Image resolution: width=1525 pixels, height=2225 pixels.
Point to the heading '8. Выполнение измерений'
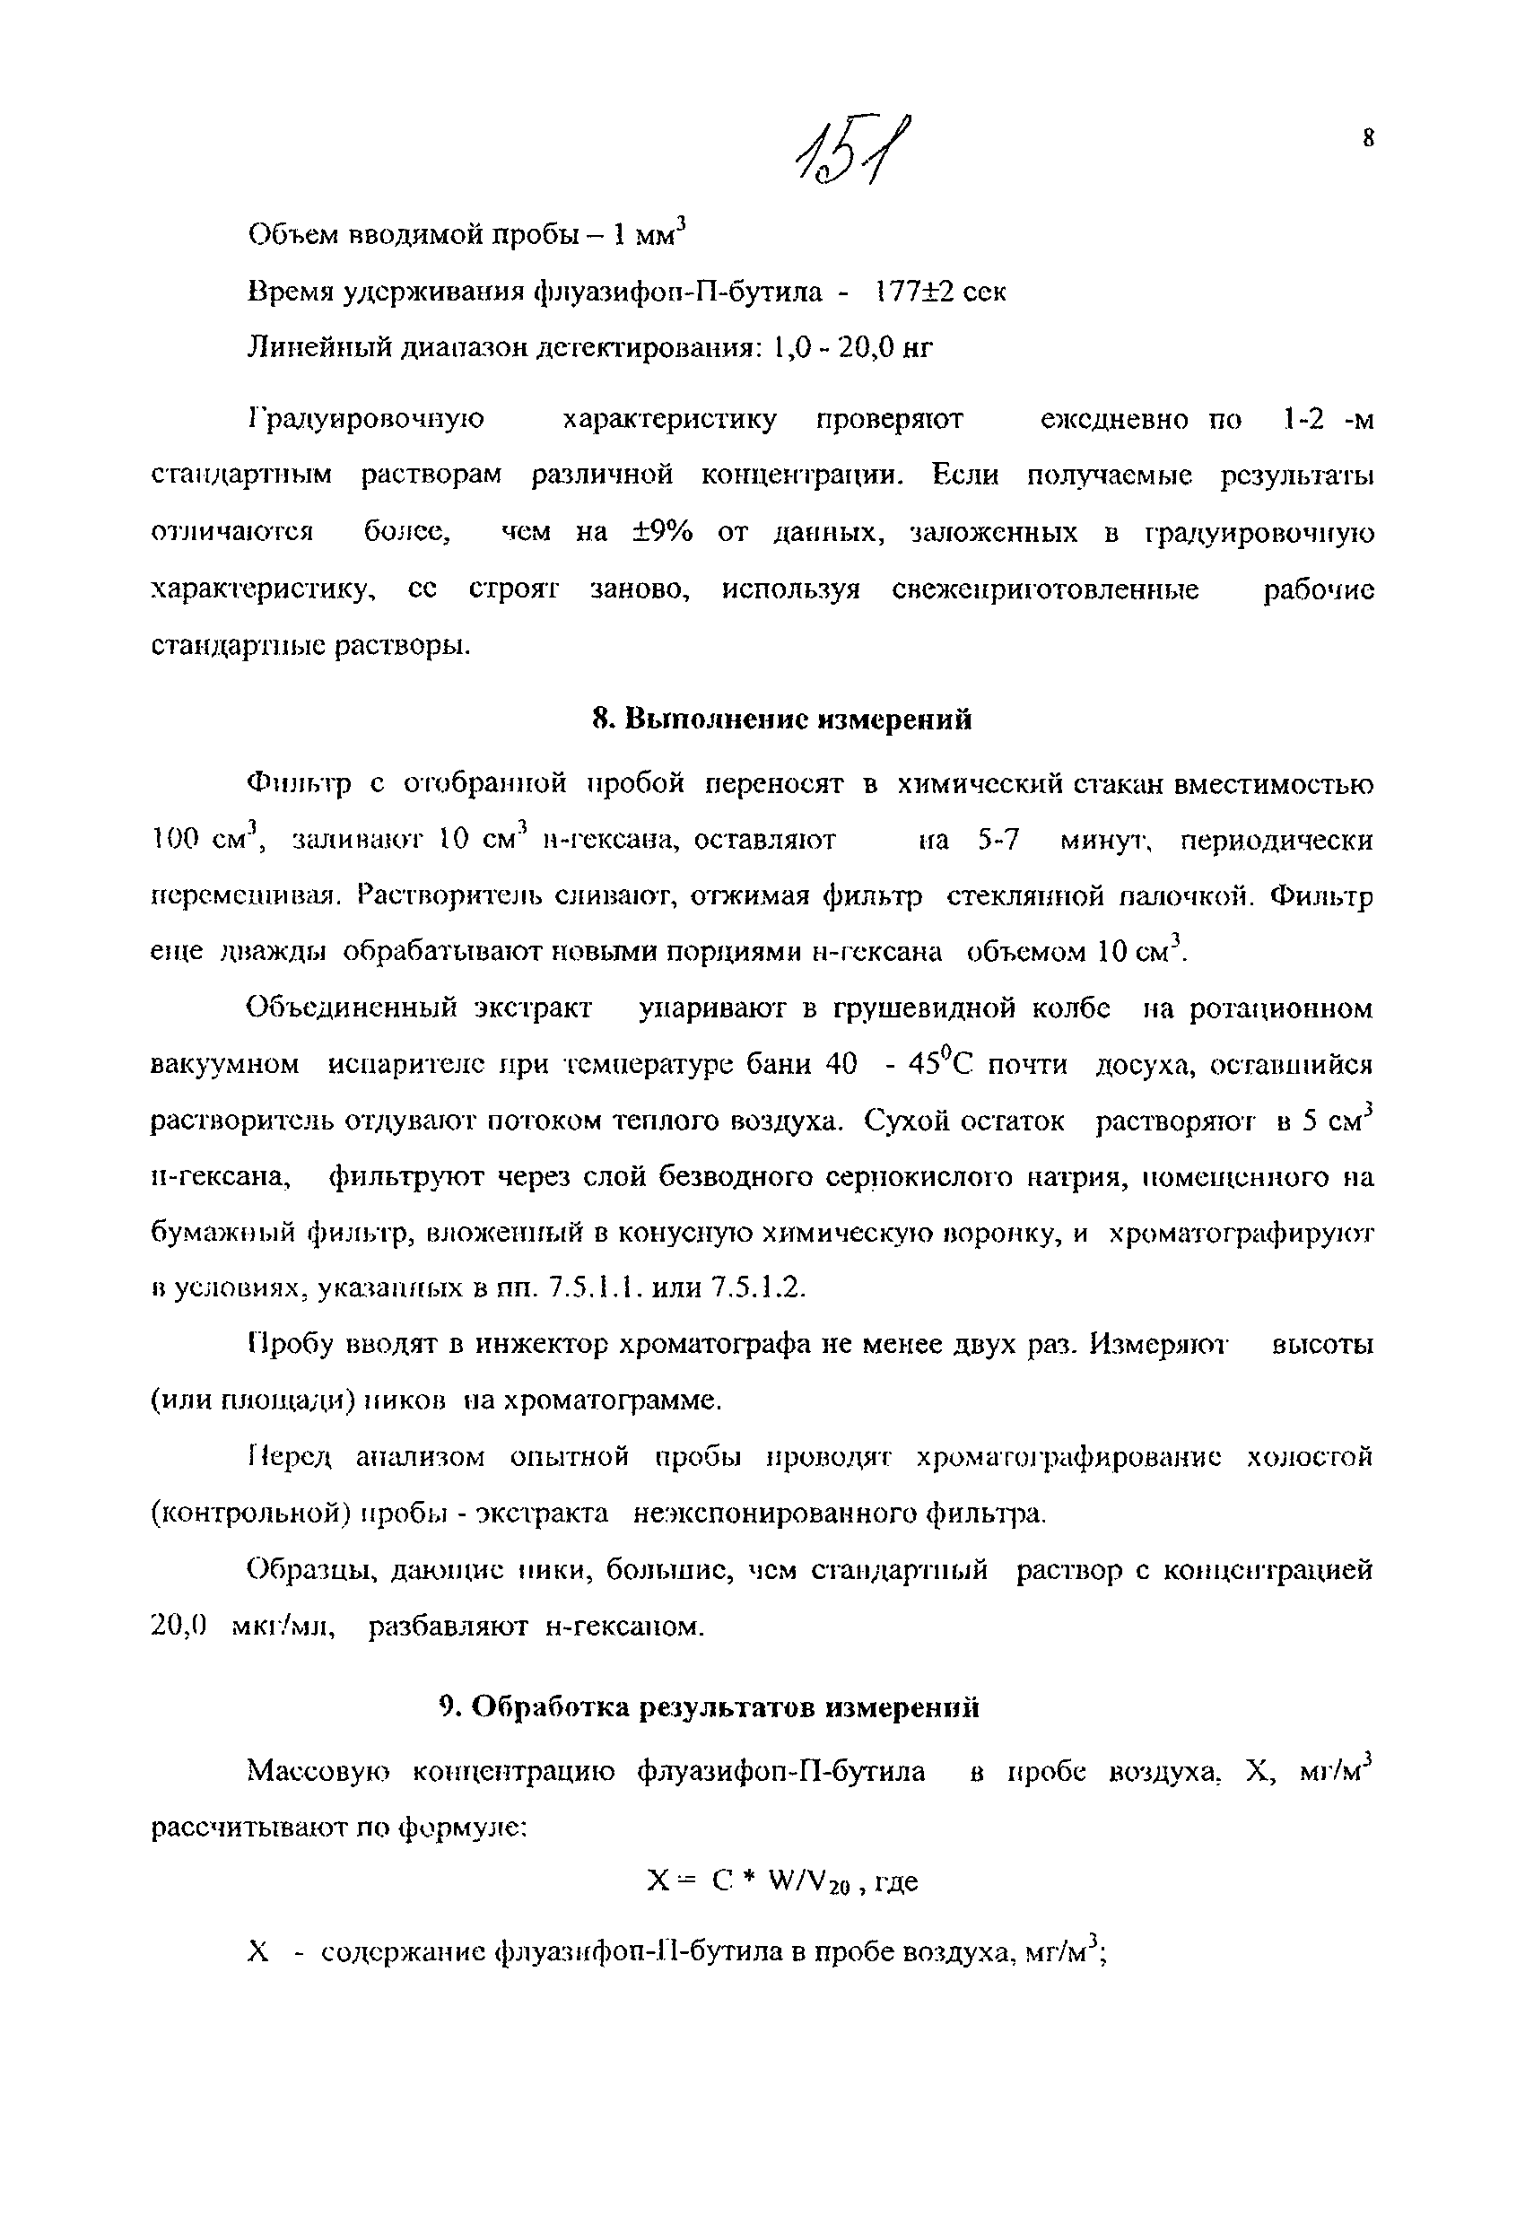coord(781,719)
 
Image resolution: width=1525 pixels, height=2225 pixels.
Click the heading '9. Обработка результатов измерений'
coord(710,1707)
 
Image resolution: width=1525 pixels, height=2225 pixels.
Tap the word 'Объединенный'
coord(347,1008)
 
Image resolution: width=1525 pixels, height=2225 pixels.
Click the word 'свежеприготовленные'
coord(1044,589)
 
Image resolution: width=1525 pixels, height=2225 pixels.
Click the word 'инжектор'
coord(528,1345)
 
